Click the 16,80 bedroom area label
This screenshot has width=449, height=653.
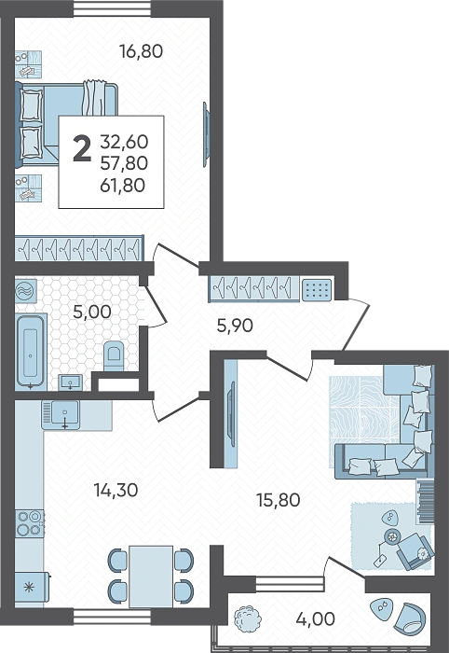click(x=141, y=51)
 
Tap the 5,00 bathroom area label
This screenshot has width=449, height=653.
click(x=92, y=312)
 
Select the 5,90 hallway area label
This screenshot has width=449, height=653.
click(x=235, y=326)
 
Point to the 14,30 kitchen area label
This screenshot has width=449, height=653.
click(x=116, y=490)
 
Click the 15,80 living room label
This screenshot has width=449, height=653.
click(x=279, y=500)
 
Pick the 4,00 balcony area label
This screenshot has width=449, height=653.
click(x=316, y=618)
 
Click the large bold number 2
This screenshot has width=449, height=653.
click(x=82, y=149)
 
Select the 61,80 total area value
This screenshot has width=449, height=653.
click(x=123, y=185)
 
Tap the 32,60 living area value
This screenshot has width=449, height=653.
click(x=124, y=142)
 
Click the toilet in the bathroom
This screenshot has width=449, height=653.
click(x=114, y=355)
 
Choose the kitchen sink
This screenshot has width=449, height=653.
click(x=61, y=415)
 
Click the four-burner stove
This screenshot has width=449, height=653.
click(x=30, y=523)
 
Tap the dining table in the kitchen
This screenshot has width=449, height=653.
click(x=151, y=577)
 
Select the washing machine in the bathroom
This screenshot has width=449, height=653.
click(x=26, y=291)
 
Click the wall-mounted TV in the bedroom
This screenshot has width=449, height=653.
click(x=206, y=134)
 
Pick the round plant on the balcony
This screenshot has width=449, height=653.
click(x=247, y=618)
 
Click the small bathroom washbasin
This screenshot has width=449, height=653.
click(x=71, y=382)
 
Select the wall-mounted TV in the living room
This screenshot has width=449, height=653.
click(x=230, y=412)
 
